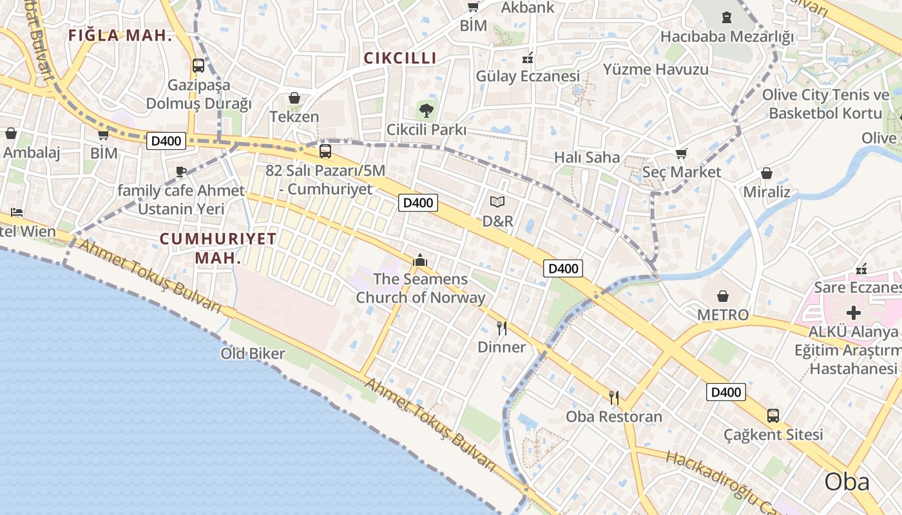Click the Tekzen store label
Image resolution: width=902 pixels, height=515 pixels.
coord(294,117)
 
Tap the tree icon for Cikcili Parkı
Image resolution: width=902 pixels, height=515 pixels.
coord(426,110)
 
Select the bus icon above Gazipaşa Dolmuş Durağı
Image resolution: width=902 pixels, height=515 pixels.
coord(198,66)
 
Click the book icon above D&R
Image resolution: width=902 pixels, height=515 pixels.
coord(497,202)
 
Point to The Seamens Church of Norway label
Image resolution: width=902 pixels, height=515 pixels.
coord(421,288)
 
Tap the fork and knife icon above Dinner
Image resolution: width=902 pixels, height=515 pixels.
coord(502,328)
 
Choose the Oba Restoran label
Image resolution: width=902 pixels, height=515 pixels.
coord(614,417)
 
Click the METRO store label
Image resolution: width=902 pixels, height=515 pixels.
coord(723,315)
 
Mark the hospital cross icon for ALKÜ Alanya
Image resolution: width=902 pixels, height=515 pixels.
coord(854,314)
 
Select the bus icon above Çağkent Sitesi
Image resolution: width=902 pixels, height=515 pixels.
coord(773,416)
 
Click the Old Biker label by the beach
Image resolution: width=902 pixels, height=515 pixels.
coord(253,353)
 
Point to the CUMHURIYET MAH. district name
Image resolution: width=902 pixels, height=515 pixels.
coord(218,248)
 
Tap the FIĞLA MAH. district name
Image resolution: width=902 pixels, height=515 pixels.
coord(120,36)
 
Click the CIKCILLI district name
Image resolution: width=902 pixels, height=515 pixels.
coord(400,58)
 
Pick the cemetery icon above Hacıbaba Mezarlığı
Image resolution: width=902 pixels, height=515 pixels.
coord(727,17)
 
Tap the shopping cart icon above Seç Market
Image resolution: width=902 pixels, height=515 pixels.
coord(681,154)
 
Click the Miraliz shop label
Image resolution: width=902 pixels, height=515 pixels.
coord(767,192)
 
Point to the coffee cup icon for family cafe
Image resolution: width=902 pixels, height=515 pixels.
coord(181,172)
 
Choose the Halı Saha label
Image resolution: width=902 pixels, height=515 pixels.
coord(587,157)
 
